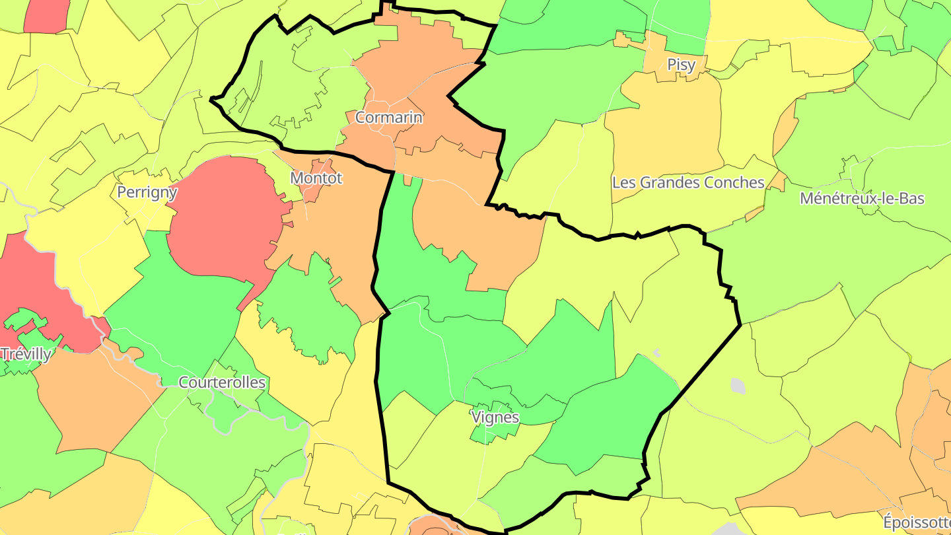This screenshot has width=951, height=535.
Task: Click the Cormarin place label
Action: [388, 118]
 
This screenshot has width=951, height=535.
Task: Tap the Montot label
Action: [316, 178]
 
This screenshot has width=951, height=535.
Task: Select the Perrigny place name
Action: [147, 192]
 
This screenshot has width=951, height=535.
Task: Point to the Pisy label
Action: [681, 65]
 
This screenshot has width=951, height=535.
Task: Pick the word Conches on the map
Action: [736, 182]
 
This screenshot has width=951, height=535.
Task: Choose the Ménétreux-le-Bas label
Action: [862, 198]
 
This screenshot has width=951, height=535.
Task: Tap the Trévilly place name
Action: [26, 354]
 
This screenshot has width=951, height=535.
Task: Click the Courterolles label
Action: [222, 382]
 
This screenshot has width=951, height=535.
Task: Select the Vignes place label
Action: [495, 417]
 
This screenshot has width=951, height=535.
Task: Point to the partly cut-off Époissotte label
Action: [917, 522]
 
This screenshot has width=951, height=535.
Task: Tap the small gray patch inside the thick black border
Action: [656, 353]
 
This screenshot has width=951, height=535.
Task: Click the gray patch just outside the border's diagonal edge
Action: [738, 386]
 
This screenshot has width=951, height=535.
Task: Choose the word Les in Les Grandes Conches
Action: [623, 182]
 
